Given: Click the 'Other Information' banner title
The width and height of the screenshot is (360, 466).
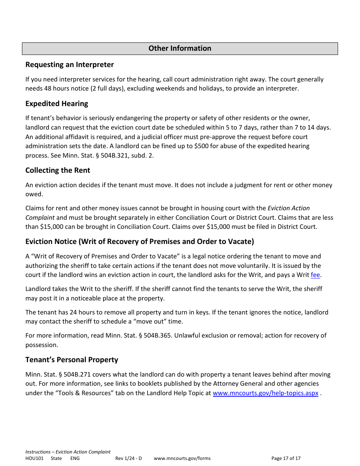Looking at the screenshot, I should tap(180, 48).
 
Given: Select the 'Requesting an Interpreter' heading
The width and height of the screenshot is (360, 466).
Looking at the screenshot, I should tap(69, 65).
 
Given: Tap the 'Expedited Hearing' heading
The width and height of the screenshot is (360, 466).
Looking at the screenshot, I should tap(56, 104).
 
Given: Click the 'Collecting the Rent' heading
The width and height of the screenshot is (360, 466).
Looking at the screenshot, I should tap(58, 170).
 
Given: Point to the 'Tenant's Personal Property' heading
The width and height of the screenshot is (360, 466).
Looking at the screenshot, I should tap(72, 360).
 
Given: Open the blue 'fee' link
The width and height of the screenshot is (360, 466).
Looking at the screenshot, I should tap(315, 275).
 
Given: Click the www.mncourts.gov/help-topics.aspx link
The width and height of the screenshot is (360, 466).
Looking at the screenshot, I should tap(265, 393).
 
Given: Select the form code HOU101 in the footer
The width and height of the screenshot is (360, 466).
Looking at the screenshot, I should tap(34, 458).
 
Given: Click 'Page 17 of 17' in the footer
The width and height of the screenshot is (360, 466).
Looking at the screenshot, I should tap(286, 458).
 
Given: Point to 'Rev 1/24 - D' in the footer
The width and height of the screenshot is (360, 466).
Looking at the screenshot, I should tap(128, 458).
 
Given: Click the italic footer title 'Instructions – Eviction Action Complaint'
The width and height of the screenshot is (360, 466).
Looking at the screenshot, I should tap(68, 452).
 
